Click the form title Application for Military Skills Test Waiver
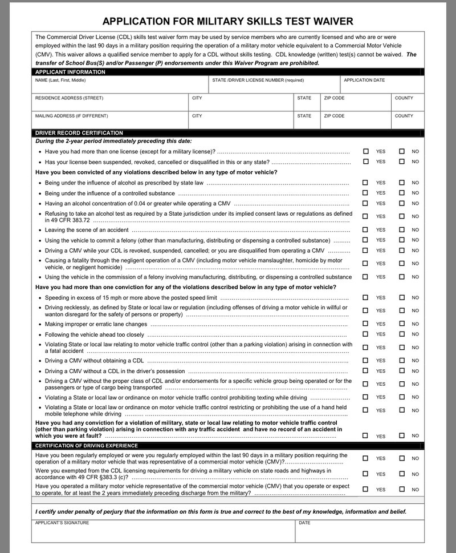pos(227,22)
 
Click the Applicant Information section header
pos(71,72)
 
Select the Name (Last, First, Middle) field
pos(120,87)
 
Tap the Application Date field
pos(382,87)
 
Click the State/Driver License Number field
pos(274,87)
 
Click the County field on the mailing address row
pos(408,122)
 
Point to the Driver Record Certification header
pos(79,133)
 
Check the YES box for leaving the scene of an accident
pos(366,229)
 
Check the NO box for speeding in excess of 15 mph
pos(402,297)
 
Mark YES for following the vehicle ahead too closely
pos(366,334)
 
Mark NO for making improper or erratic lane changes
pos(402,324)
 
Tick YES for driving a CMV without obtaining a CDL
pos(366,361)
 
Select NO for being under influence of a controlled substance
pos(402,193)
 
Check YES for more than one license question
pos(366,151)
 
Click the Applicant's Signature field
pos(162,533)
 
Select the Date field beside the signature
pos(359,533)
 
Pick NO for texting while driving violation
pos(402,397)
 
